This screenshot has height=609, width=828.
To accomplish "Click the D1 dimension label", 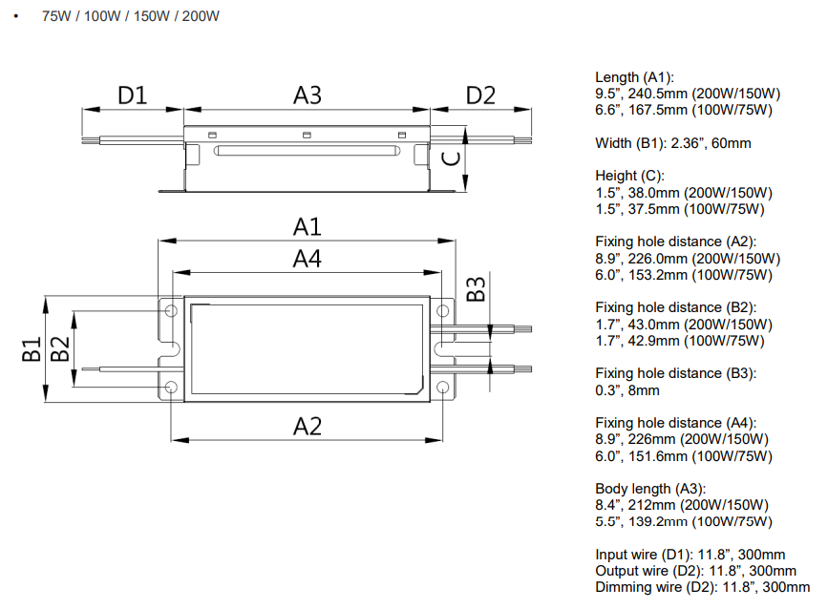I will (x=132, y=95).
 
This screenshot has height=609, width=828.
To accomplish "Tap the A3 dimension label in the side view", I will (x=307, y=95).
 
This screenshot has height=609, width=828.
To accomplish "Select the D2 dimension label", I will (x=481, y=95).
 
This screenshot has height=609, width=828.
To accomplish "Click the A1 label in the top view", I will (x=307, y=227).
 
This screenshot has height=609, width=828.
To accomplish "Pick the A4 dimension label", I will (x=307, y=259).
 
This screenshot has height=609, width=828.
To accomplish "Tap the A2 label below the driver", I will (x=307, y=426).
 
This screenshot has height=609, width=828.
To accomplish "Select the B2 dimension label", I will (x=60, y=349).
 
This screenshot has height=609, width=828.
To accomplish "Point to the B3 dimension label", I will (x=476, y=288).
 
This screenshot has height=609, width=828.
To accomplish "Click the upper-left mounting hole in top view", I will (x=170, y=312).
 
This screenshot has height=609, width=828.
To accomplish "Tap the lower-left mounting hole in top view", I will (x=170, y=387).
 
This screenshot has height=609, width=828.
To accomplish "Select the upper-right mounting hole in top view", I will (x=443, y=312).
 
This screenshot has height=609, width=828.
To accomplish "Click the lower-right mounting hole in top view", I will (x=443, y=387).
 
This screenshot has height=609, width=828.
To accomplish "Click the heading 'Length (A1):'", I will (x=634, y=77).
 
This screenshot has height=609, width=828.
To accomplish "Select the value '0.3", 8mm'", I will (x=627, y=389).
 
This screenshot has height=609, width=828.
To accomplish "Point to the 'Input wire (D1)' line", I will (x=690, y=555).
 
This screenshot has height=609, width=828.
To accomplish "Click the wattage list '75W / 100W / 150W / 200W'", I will (x=131, y=17).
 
